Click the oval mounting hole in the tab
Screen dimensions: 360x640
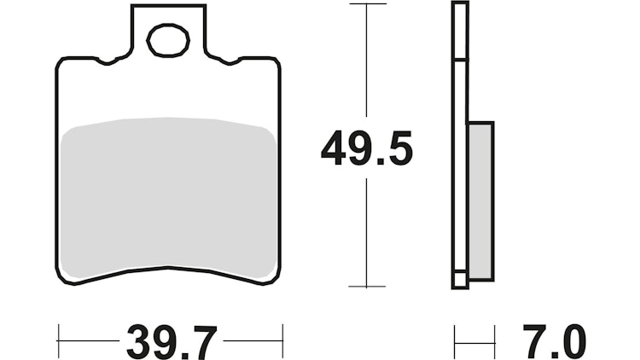pos(167,39)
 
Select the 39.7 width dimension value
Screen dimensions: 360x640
pos(170,340)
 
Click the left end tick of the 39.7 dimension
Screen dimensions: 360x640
pos(58,340)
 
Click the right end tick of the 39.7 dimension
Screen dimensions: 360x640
pos(282,340)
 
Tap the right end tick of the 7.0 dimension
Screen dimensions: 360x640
pos(494,340)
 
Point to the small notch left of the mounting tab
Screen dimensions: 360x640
pos(108,61)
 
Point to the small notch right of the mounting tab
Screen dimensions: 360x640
pos(230,61)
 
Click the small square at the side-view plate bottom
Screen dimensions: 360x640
pos(459,279)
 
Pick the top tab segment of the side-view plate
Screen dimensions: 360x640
pos(459,32)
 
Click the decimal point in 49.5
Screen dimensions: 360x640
pos(381,163)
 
